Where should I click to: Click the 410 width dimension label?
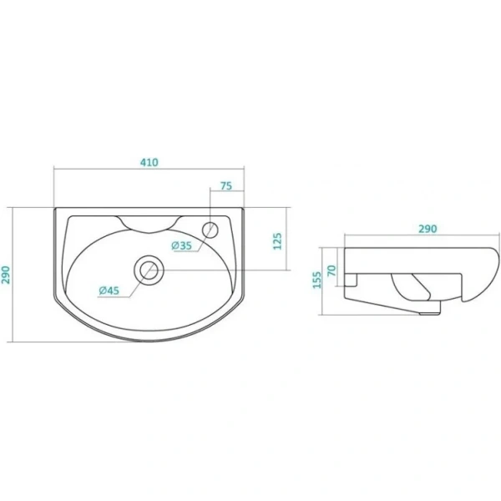149,162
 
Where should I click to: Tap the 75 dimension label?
226,186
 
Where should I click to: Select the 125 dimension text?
277,241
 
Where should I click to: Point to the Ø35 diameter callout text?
181,245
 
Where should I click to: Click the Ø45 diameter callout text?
109,291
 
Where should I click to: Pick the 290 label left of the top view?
7,275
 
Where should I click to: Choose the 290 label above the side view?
428,229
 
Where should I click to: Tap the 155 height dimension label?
316,280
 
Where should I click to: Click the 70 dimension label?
332,271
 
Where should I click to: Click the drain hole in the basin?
149,270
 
